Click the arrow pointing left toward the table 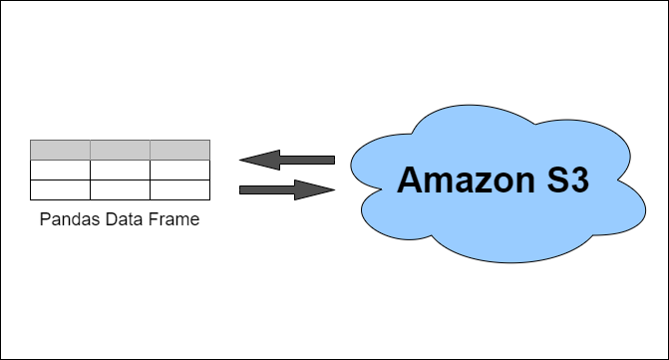point(287,160)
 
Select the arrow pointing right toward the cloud point(287,188)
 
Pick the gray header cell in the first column point(60,150)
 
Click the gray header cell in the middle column point(120,150)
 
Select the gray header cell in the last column point(179,150)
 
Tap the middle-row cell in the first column point(60,170)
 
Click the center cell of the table point(120,170)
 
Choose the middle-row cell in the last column point(179,170)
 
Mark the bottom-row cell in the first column point(60,189)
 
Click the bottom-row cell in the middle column point(120,189)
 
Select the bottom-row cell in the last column point(179,189)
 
